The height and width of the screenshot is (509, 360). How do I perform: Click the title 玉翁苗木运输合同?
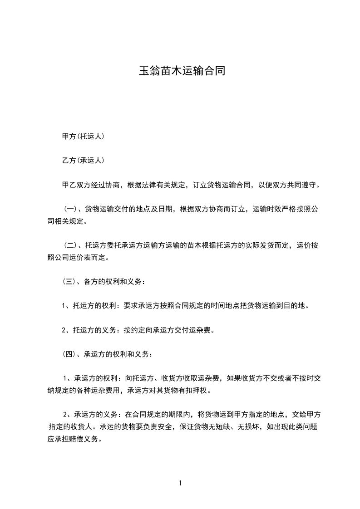click(182, 72)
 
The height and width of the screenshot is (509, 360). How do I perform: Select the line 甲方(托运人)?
click(83, 136)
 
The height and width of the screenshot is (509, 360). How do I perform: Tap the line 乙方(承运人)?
click(83, 160)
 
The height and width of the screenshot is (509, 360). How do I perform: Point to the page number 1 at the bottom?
click(180, 483)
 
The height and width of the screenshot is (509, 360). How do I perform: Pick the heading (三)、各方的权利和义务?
click(104, 282)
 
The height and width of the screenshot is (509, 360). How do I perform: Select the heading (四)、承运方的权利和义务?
click(109, 354)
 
